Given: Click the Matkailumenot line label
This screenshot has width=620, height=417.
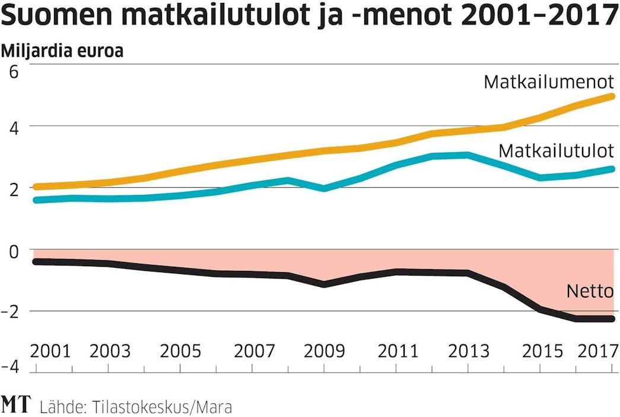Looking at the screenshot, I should pyautogui.click(x=548, y=81).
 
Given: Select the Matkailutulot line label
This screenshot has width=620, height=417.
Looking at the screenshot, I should pyautogui.click(x=556, y=150).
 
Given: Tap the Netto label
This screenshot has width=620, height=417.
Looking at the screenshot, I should pyautogui.click(x=590, y=291).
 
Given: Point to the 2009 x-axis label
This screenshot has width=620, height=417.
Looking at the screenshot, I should pyautogui.click(x=324, y=351).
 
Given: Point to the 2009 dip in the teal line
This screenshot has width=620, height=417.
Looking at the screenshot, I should pyautogui.click(x=324, y=188).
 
